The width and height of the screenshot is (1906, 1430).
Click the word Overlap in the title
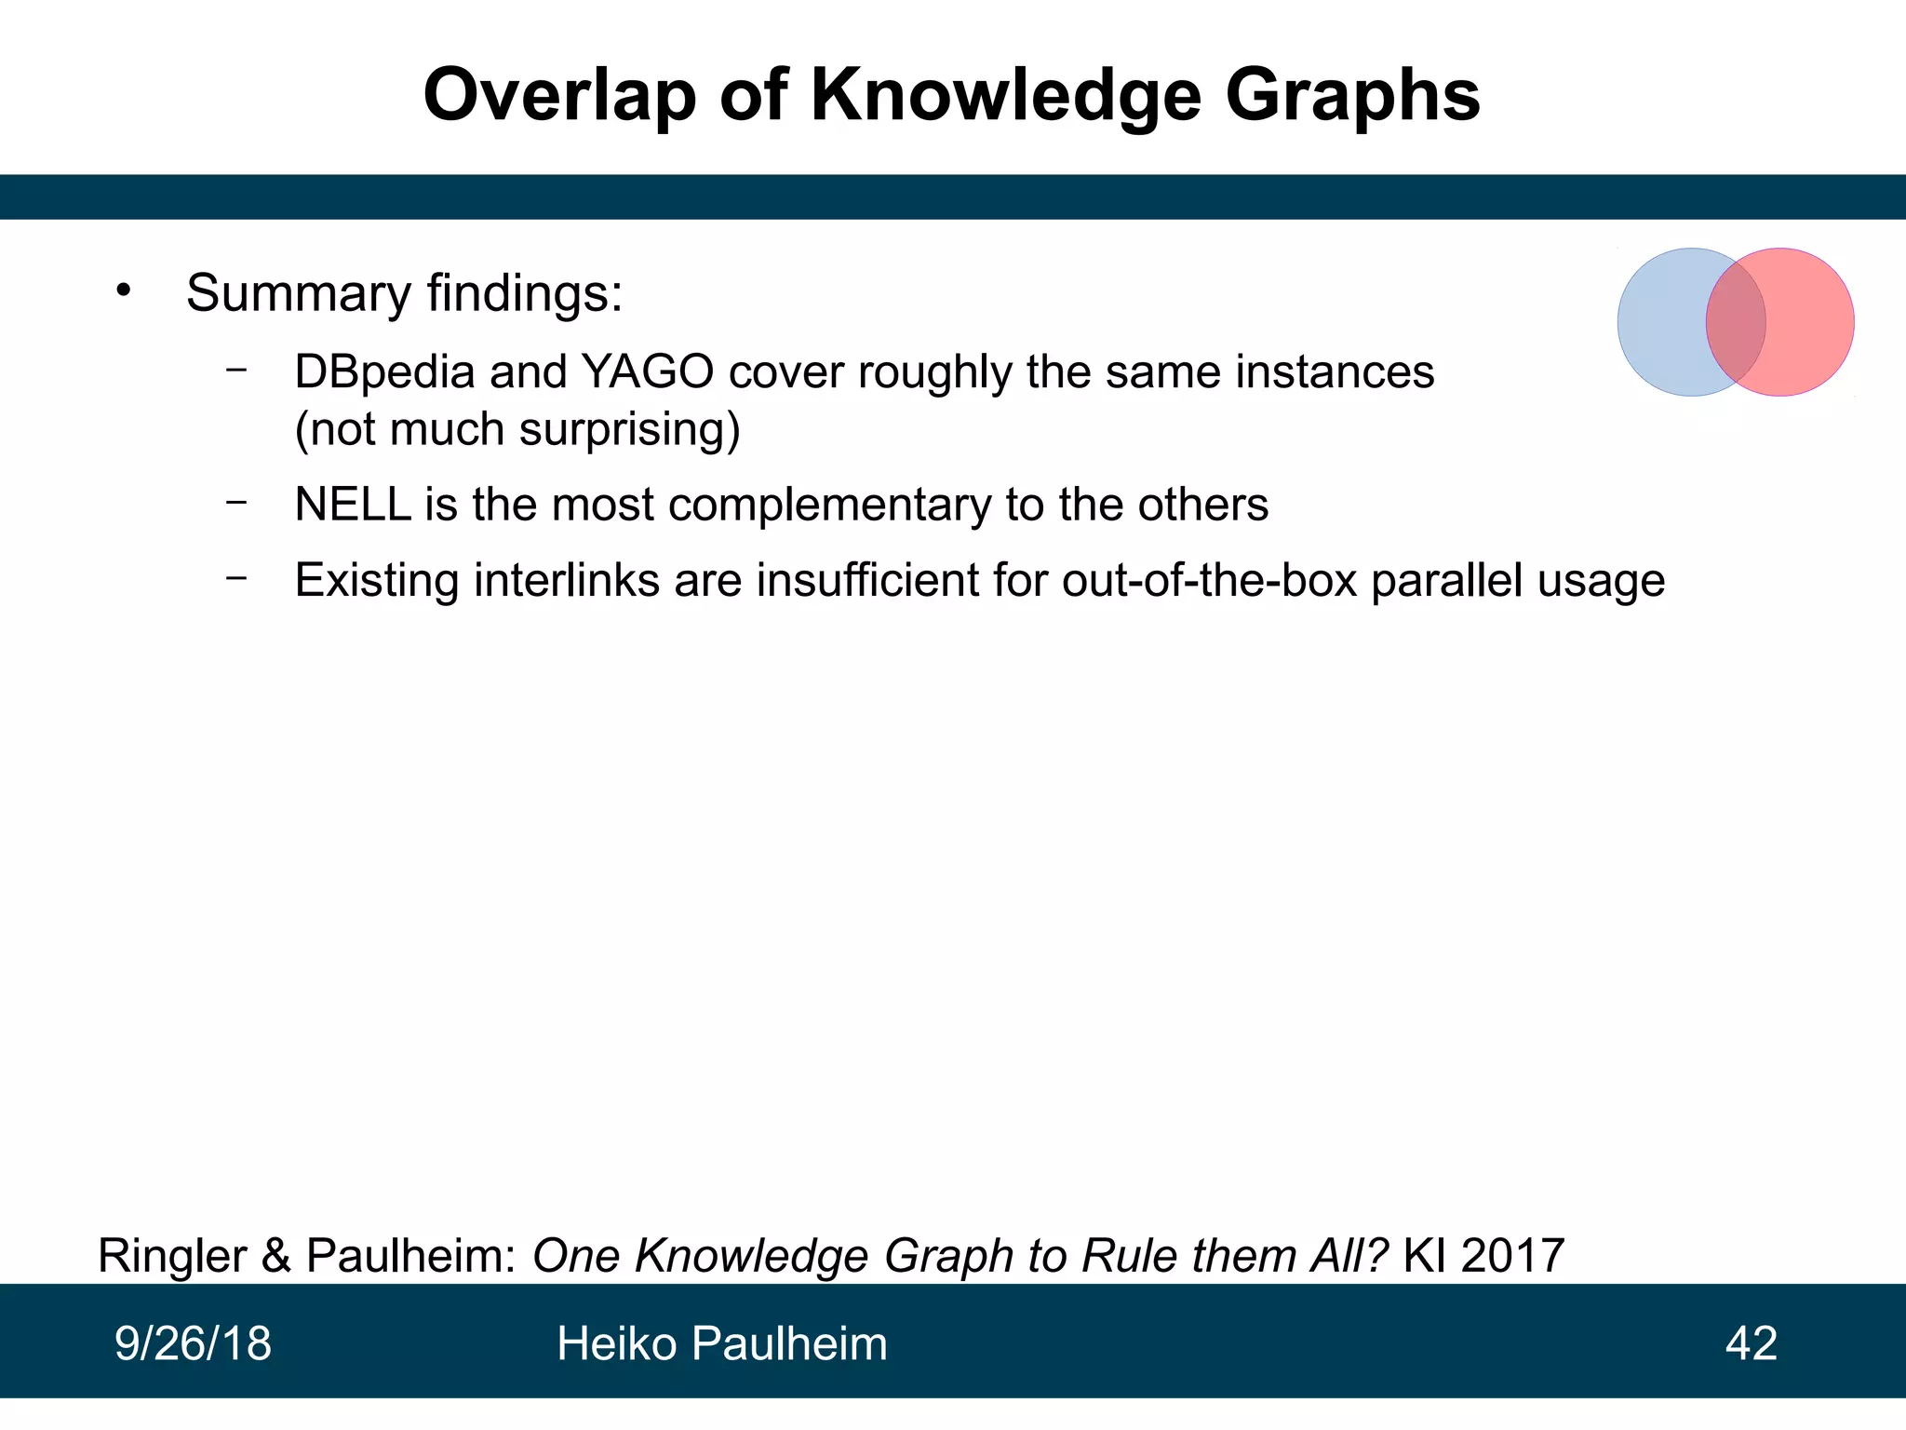pos(559,96)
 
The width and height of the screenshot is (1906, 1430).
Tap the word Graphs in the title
pos(1352,96)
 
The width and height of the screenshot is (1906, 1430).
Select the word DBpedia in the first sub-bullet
pos(384,372)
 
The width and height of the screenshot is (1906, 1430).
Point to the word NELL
pos(353,505)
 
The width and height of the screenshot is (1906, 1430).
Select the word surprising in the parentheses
pos(629,430)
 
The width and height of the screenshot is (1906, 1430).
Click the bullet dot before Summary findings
pos(124,290)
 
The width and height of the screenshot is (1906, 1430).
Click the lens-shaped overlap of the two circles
pos(1736,322)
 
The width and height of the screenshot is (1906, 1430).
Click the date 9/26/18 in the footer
pos(193,1343)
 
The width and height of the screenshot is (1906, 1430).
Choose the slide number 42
pos(1751,1343)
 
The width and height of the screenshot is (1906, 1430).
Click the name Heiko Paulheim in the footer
pos(721,1343)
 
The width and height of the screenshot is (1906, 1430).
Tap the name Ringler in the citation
pos(172,1256)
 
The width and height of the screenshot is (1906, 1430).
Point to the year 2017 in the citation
pos(1512,1256)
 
